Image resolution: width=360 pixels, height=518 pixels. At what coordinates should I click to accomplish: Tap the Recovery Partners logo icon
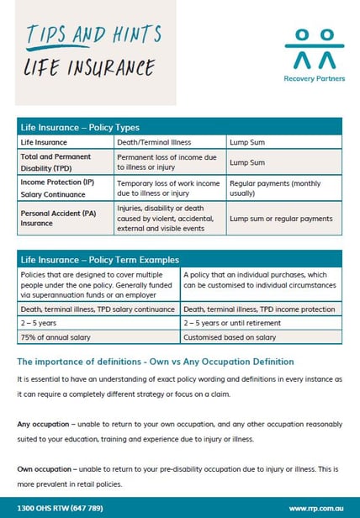tap(308, 50)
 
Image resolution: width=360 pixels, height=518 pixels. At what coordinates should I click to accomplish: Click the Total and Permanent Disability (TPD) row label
tap(56, 161)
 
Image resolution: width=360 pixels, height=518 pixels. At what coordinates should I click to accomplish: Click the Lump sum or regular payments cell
tap(281, 219)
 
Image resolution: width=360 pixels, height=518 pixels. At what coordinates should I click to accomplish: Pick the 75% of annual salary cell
tap(52, 336)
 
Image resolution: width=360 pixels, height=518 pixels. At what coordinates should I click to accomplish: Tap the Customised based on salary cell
tap(228, 336)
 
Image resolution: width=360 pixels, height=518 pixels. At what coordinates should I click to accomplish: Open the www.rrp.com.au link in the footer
tap(313, 508)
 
